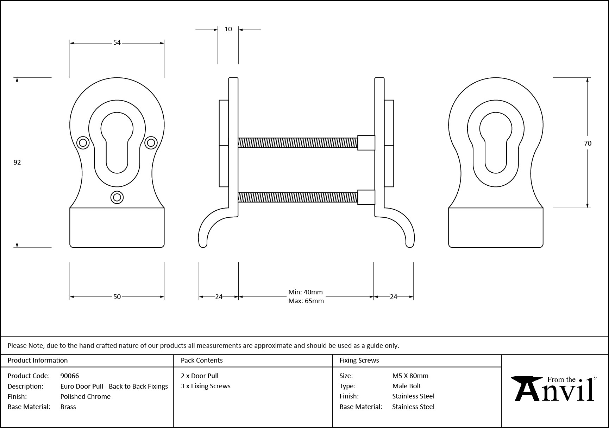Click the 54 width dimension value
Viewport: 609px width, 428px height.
[x=117, y=43]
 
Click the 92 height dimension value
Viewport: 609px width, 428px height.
[x=17, y=162]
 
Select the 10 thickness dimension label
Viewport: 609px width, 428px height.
[x=228, y=29]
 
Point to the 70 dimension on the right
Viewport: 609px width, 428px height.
[x=588, y=143]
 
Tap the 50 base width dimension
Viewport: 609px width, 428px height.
[x=117, y=297]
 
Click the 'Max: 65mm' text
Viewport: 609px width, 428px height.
[x=306, y=301]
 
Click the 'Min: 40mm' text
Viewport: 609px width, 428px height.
[x=305, y=292]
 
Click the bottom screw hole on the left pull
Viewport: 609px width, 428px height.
[x=117, y=197]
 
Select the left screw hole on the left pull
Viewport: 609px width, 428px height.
[x=83, y=142]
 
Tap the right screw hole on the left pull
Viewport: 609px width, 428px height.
[x=151, y=142]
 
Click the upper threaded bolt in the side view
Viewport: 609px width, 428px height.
[x=297, y=142]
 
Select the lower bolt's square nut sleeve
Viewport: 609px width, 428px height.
[x=366, y=197]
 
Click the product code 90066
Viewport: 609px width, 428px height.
[x=70, y=376]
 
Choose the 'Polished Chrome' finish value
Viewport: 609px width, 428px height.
[x=85, y=396]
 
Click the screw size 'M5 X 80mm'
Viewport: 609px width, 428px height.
[x=410, y=376]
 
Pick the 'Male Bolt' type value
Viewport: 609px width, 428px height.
[x=407, y=386]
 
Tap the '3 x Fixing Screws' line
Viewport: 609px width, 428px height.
[x=206, y=386]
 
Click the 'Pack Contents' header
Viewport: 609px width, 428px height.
[x=202, y=360]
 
